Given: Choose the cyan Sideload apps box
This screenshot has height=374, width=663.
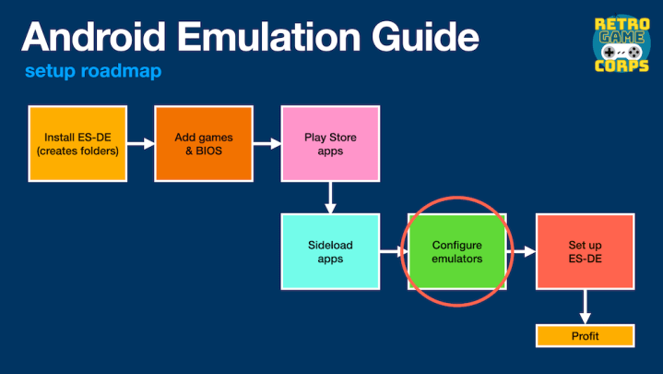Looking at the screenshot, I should point(329,251).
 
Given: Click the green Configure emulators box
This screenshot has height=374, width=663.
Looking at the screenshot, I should point(456,251).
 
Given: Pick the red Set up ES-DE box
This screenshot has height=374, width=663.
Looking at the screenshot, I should point(585,251).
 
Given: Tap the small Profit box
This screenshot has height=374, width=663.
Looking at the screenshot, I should point(585,335).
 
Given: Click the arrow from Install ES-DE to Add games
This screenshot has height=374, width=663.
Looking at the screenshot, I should point(140,144).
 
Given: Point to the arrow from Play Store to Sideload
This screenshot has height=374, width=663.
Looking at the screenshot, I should point(329,197).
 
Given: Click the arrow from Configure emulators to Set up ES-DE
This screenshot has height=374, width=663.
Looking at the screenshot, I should point(522,250).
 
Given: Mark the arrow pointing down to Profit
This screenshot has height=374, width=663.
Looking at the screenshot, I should point(585,307).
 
